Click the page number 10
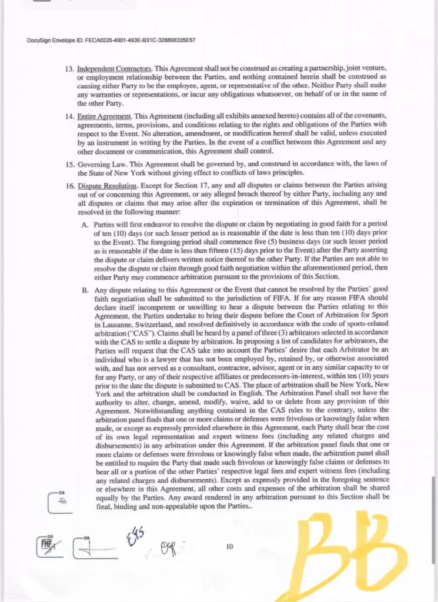click(x=229, y=547)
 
